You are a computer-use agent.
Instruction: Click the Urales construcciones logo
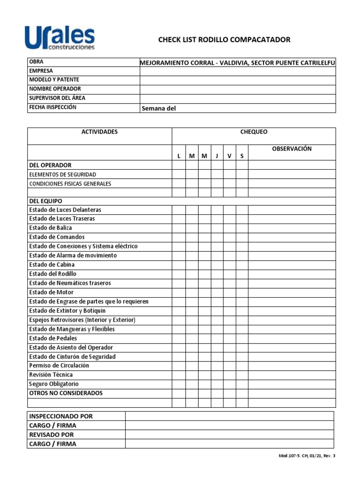tap(60, 37)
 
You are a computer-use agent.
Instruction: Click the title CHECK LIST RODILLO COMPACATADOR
tap(224, 40)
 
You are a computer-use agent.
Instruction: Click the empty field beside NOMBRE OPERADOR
tap(238, 89)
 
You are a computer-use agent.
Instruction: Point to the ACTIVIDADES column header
tap(99, 132)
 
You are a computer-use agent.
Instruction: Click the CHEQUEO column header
tap(254, 132)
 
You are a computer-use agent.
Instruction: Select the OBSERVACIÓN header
tap(292, 149)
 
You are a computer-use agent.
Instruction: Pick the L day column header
tap(179, 156)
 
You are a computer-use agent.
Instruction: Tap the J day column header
tap(217, 156)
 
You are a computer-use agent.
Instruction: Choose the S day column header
tap(242, 156)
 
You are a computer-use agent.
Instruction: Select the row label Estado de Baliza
tap(51, 228)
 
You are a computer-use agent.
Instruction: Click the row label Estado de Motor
tap(51, 292)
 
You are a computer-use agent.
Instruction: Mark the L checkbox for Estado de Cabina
tap(179, 265)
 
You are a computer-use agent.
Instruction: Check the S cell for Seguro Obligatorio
tap(242, 384)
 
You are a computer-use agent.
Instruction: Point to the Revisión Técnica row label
tap(51, 375)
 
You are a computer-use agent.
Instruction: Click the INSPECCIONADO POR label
tap(61, 416)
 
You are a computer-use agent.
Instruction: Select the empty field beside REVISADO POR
tap(229, 435)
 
